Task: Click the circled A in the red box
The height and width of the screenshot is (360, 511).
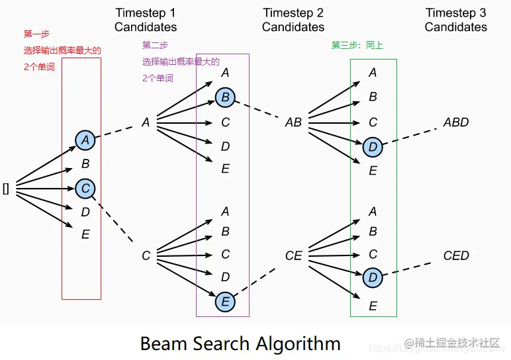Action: pos(85,140)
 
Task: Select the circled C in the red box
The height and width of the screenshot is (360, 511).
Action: pos(85,189)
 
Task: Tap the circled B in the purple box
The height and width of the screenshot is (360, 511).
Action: pos(225,98)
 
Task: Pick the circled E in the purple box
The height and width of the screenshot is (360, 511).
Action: pos(225,302)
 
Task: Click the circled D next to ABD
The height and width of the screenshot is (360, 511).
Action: pos(373,146)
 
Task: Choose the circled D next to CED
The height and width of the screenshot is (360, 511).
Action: pos(373,278)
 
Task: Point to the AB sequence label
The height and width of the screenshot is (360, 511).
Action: pos(293,122)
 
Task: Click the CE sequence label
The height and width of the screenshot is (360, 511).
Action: pos(293,255)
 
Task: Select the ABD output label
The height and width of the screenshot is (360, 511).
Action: pos(456,122)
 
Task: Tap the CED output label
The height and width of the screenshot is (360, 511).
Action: pos(456,255)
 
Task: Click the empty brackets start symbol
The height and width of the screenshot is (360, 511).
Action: pos(6,189)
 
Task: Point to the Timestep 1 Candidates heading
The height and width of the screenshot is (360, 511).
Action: pos(146,20)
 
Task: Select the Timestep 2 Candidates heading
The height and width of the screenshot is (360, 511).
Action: pos(293,20)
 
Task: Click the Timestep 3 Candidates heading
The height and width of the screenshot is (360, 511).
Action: pos(456,20)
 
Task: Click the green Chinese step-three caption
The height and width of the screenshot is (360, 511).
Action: pos(357,46)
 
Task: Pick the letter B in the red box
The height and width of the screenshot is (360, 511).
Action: pos(85,164)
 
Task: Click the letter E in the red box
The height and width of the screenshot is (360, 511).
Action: pos(85,234)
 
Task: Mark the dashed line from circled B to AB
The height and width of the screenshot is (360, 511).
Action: pos(257,110)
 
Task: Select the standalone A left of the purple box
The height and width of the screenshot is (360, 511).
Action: pos(146,122)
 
